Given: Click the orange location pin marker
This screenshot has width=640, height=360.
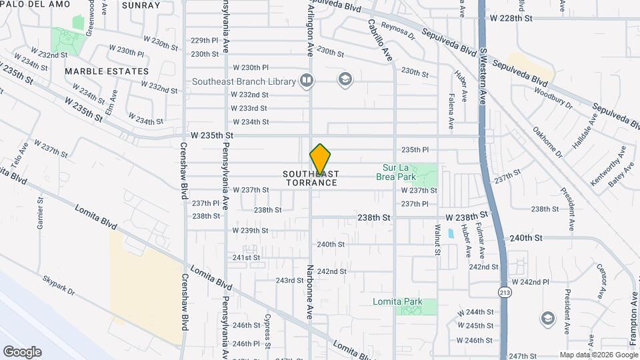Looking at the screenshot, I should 320,159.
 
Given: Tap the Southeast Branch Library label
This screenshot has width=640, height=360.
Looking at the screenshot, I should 243,81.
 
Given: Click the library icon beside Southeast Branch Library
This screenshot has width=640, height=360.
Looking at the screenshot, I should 307,81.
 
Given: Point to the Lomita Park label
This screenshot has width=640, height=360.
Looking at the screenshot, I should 397,301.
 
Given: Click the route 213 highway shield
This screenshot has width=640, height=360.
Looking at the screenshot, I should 503,291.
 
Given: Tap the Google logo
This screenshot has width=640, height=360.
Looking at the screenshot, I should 22,351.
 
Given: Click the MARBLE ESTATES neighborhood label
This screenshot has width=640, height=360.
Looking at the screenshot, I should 107,71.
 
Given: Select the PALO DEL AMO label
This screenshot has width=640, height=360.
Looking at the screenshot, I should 31,5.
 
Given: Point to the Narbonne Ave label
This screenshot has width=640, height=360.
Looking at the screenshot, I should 310,291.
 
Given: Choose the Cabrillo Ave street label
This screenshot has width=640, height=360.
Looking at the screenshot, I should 379,40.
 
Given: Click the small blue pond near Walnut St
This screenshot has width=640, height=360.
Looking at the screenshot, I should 451,233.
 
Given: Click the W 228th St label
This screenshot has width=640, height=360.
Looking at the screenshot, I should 511,18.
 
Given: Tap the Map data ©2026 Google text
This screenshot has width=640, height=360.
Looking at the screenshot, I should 598,355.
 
